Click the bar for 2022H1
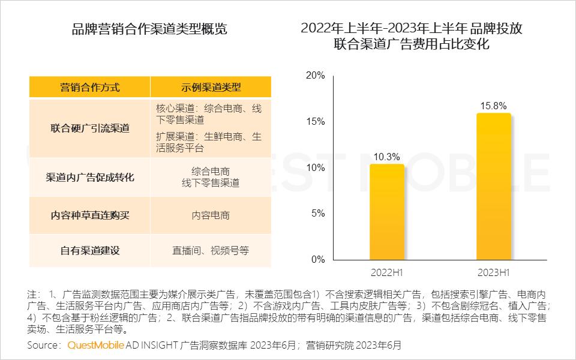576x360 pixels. (386, 211)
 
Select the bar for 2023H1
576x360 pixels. (493, 186)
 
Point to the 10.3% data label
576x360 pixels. (386, 157)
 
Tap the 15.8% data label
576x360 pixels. (493, 106)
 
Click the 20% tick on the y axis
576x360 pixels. (316, 76)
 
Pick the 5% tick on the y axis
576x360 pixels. (318, 214)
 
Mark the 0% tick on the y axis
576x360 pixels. (318, 260)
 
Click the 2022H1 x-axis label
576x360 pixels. (386, 273)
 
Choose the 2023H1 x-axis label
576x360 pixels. (493, 273)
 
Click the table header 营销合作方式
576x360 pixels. (90, 87)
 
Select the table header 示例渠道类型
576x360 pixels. (211, 87)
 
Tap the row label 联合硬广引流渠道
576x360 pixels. (90, 128)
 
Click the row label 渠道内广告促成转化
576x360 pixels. (90, 177)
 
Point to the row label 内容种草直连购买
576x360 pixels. (90, 215)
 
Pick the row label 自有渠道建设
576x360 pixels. (90, 251)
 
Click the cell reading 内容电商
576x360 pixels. (211, 215)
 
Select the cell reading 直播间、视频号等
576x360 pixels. (211, 251)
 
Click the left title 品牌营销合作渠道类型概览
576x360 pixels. (149, 28)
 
